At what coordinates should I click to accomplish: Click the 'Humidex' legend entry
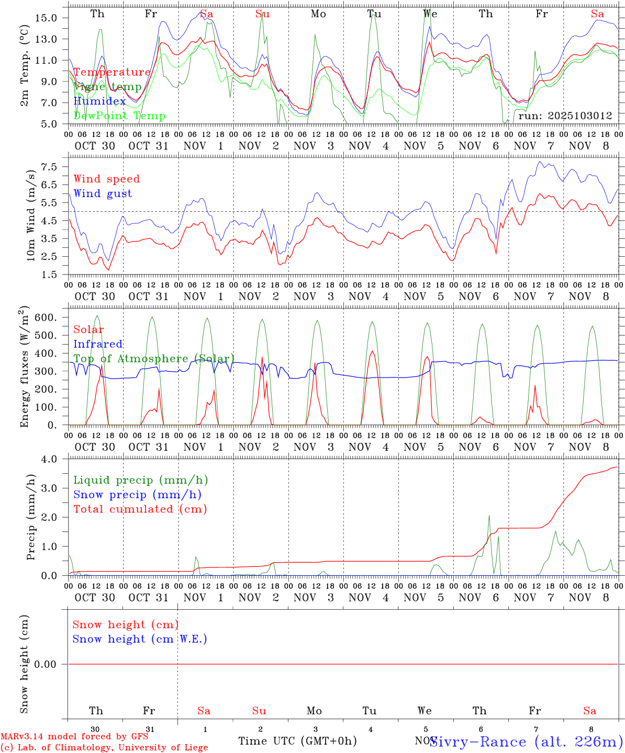[99, 101]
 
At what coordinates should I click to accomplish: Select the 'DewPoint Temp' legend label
[119, 116]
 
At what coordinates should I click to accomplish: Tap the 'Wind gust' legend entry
[103, 193]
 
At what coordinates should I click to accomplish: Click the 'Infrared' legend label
[98, 344]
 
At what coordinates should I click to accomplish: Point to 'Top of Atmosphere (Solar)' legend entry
[153, 359]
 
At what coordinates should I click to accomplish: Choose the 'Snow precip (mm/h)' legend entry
[137, 495]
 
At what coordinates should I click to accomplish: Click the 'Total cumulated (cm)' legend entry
[140, 509]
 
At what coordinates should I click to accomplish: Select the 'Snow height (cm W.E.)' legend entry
[139, 639]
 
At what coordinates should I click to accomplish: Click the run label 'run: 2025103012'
[565, 116]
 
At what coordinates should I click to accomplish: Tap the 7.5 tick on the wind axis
[52, 167]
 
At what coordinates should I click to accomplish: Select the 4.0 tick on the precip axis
[52, 459]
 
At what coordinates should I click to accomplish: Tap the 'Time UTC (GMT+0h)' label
[297, 741]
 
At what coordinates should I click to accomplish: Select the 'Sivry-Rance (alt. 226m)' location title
[526, 741]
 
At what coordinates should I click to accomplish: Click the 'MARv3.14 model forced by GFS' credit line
[74, 736]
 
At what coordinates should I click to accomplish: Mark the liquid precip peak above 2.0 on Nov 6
[489, 516]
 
